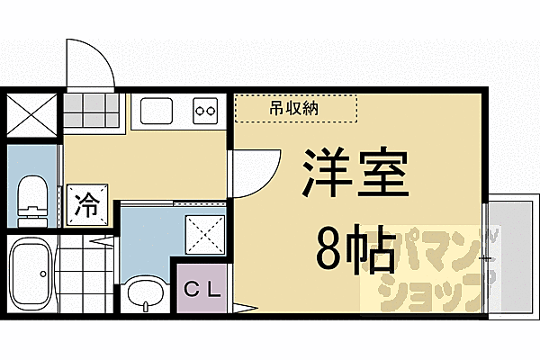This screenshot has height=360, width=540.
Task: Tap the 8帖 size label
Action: point(356,250)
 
